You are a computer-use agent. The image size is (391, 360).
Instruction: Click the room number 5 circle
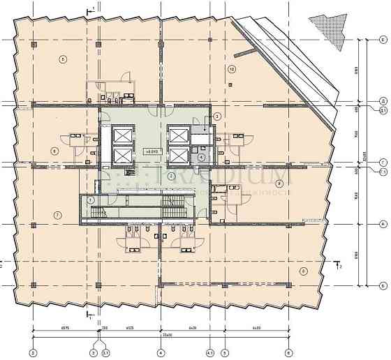pyautogui.click(x=63, y=59)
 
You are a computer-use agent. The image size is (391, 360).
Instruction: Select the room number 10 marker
pyautogui.click(x=232, y=68)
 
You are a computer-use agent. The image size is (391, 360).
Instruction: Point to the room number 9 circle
pyautogui.click(x=279, y=183)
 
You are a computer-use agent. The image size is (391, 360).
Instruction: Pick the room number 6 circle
pyautogui.click(x=54, y=151)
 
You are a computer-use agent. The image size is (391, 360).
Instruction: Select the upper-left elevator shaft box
pyautogui.click(x=122, y=133)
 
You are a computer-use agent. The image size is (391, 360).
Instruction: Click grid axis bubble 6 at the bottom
pyautogui.click(x=288, y=353)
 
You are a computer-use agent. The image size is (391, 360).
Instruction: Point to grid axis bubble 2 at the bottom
pyautogui.click(x=33, y=353)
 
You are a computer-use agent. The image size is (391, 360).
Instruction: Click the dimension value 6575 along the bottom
pyautogui.click(x=64, y=329)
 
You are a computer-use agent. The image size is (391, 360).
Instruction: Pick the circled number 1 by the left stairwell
pyautogui.click(x=91, y=200)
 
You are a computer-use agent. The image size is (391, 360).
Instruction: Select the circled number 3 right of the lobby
pyautogui.click(x=217, y=116)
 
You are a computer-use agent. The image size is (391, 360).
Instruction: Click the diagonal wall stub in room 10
pyautogui.click(x=244, y=51)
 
